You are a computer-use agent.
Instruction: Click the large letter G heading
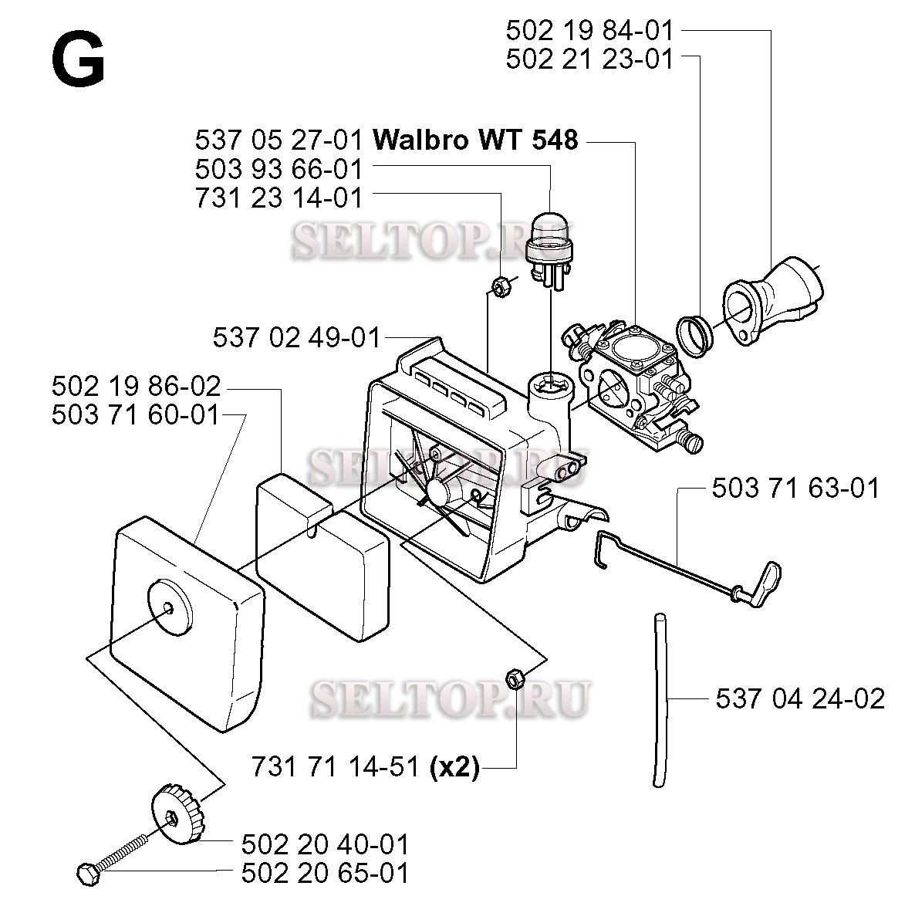click(x=78, y=59)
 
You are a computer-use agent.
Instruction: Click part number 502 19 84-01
click(x=589, y=30)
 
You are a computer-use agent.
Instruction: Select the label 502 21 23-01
click(x=589, y=59)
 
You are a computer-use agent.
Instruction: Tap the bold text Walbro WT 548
click(x=475, y=140)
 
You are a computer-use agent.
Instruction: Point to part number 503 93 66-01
click(x=279, y=169)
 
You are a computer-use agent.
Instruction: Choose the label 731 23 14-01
click(x=279, y=198)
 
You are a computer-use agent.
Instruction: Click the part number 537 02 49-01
click(x=296, y=338)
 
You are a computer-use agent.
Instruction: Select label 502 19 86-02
click(x=136, y=387)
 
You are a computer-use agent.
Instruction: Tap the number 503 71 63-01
click(x=795, y=488)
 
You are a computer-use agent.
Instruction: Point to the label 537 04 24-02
click(x=800, y=698)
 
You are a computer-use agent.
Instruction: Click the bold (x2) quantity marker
click(x=454, y=767)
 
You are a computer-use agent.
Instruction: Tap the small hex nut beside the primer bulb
click(x=501, y=287)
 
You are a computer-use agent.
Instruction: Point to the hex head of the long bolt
click(x=88, y=874)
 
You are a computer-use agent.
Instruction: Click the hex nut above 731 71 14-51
click(x=515, y=679)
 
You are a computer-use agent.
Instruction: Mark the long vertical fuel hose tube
click(x=660, y=701)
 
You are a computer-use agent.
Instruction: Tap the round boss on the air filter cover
click(x=169, y=607)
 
